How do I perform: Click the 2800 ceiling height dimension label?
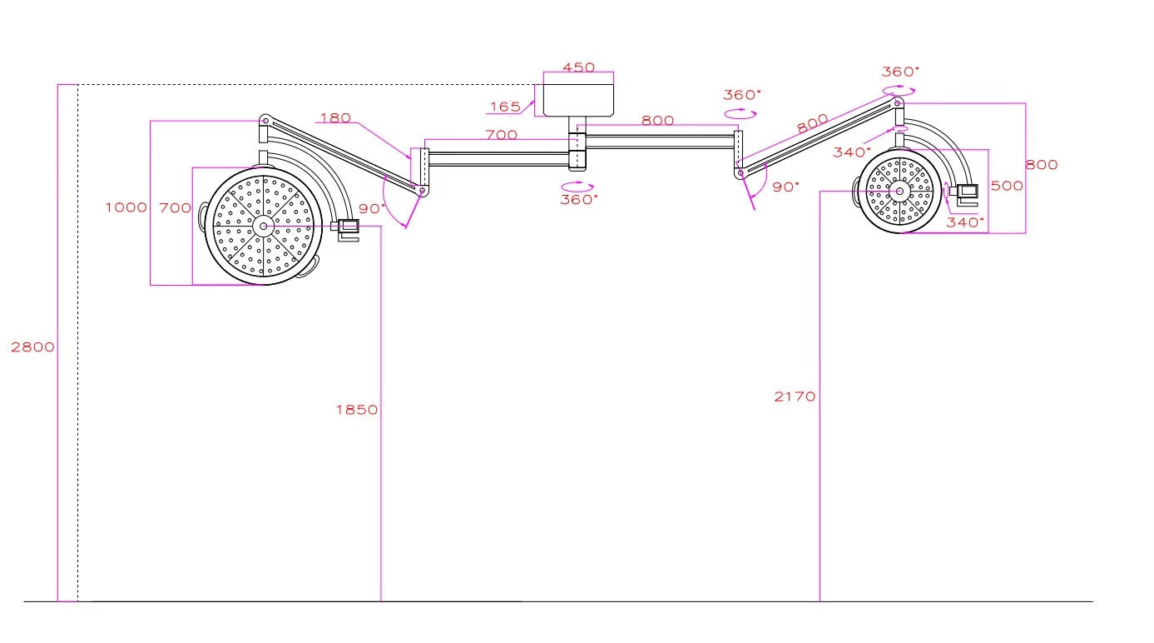tap(33, 347)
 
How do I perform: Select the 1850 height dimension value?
tap(357, 410)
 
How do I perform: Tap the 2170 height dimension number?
tap(795, 396)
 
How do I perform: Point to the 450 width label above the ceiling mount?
tap(578, 67)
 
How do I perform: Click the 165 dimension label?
tap(505, 107)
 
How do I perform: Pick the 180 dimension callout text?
tap(335, 118)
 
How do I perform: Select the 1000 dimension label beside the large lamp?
tap(126, 207)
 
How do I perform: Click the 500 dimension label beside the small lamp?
tap(1007, 186)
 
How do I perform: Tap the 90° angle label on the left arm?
tap(372, 209)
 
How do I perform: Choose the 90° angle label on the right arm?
tap(785, 187)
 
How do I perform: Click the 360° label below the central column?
tap(579, 200)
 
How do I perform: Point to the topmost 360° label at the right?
tap(900, 72)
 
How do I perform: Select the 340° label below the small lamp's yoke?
tap(965, 222)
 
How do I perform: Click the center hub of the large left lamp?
tap(263, 226)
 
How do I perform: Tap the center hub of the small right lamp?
tap(899, 192)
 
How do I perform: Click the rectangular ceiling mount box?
tap(578, 100)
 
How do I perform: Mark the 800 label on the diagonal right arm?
tap(812, 124)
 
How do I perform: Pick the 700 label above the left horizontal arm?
tap(501, 135)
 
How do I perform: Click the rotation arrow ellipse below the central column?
tap(577, 187)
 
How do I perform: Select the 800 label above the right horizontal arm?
tap(657, 121)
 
